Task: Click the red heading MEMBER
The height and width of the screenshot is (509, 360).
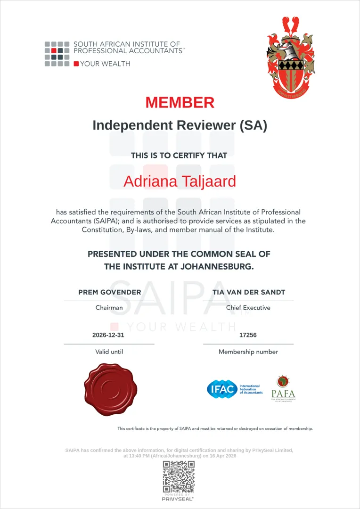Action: (x=180, y=102)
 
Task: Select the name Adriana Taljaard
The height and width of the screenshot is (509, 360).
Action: (x=180, y=181)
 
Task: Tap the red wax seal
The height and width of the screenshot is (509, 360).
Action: (x=109, y=390)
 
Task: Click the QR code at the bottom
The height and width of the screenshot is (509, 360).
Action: (x=179, y=476)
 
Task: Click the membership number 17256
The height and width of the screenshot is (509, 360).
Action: (x=248, y=336)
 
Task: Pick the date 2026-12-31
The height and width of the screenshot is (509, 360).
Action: (x=109, y=336)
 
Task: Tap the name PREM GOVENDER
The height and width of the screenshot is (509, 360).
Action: (x=109, y=292)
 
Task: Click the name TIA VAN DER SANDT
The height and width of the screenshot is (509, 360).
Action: (x=248, y=292)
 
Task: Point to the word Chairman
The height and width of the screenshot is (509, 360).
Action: (x=109, y=308)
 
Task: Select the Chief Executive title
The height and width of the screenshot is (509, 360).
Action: (x=248, y=308)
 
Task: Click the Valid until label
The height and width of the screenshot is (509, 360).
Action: (x=109, y=352)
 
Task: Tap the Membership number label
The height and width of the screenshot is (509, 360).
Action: (x=248, y=352)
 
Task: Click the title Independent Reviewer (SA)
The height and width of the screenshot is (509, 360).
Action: (x=180, y=125)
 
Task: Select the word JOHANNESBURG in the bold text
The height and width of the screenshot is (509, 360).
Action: (x=210, y=267)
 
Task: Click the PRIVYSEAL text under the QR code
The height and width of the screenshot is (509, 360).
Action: (x=179, y=499)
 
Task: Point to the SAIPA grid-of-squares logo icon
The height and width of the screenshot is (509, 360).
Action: (x=57, y=54)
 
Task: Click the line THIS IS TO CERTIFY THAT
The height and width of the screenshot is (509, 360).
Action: (x=179, y=156)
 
